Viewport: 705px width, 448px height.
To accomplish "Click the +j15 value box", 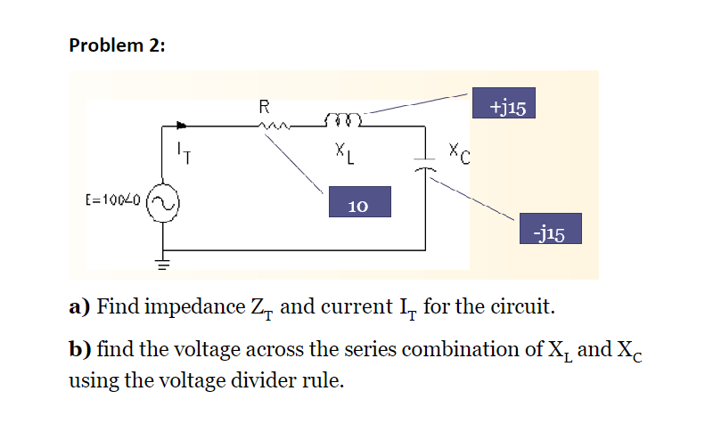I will coord(506,106).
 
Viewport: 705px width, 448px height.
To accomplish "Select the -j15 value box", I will coord(550,230).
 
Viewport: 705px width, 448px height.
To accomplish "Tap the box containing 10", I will coord(359,204).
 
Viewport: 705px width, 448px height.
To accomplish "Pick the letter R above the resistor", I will coord(264,107).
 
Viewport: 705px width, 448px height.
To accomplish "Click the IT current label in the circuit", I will coord(183,153).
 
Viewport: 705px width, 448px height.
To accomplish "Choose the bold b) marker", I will coord(81,348).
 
